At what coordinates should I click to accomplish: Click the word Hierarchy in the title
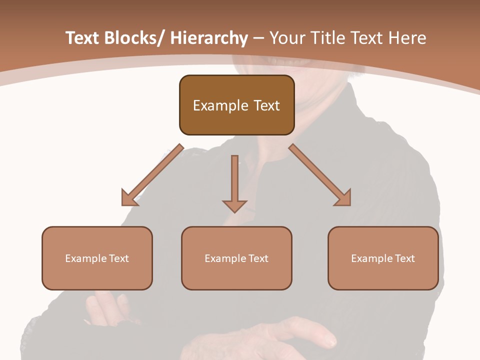click(209, 38)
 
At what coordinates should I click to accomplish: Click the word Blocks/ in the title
click(132, 38)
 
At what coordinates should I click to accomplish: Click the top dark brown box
click(236, 105)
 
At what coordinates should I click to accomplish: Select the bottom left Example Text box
click(97, 258)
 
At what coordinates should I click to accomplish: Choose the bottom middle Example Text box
click(236, 258)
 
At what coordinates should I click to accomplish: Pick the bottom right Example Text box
click(383, 258)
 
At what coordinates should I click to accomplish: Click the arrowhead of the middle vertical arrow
click(234, 206)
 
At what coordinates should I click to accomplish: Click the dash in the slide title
click(259, 38)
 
